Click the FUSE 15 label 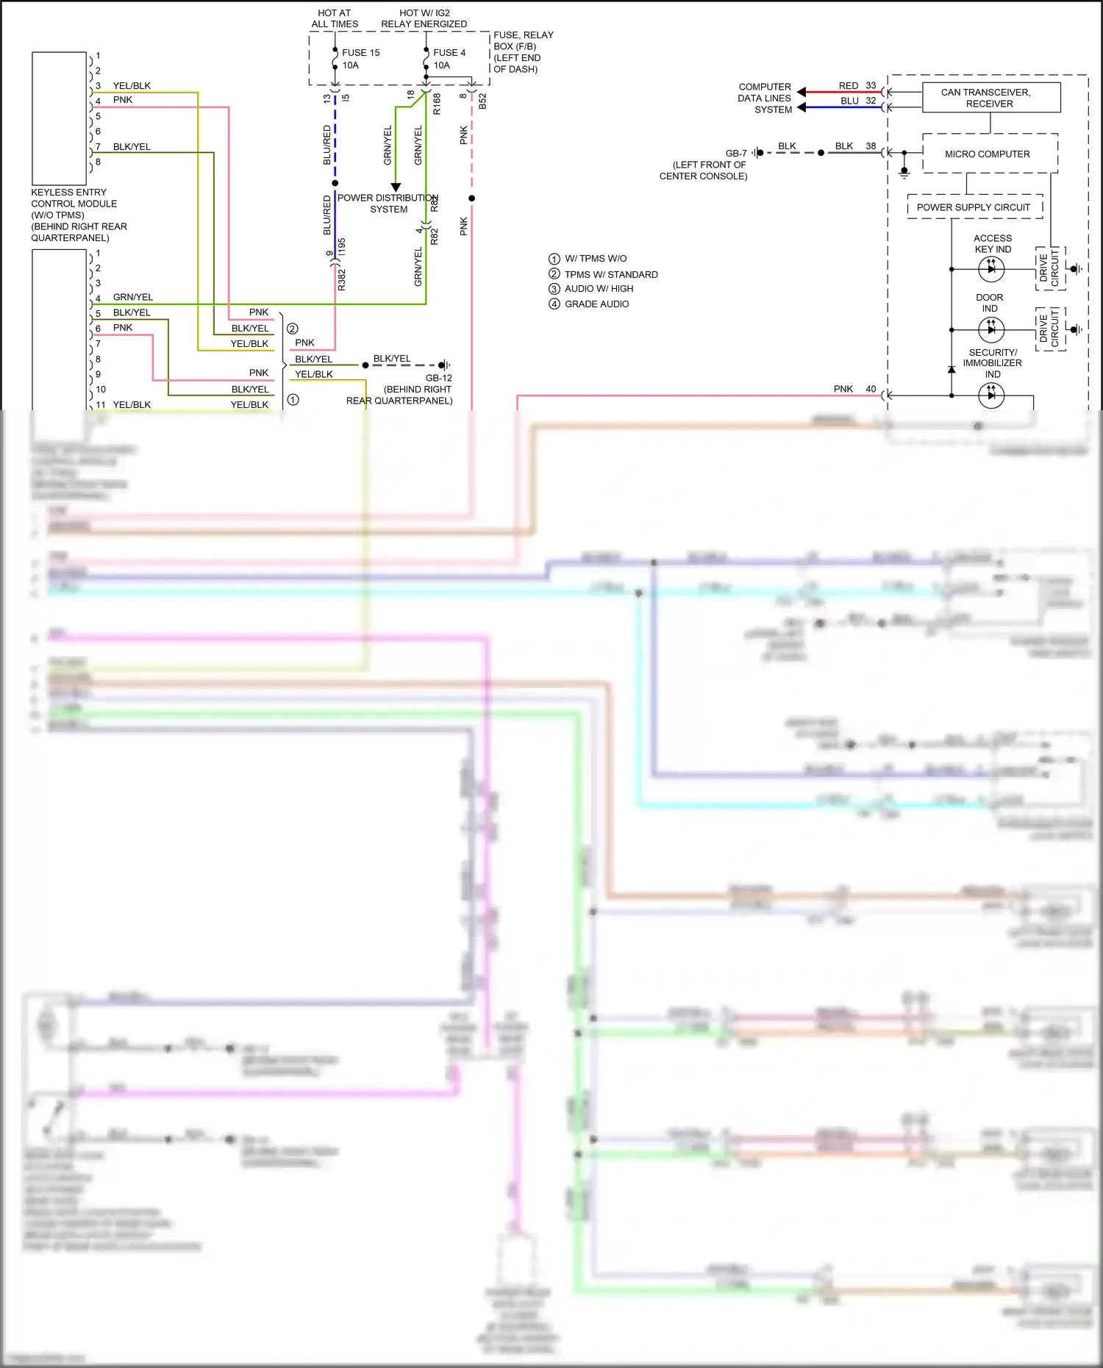point(360,53)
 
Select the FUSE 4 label point(449,53)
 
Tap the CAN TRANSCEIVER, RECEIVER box point(990,98)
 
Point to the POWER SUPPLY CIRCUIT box point(974,207)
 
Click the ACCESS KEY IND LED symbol point(991,269)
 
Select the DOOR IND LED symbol point(991,329)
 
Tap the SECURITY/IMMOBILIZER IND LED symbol point(991,395)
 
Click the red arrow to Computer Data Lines point(802,93)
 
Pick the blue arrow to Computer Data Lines point(802,107)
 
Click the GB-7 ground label point(736,154)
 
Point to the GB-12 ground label point(439,378)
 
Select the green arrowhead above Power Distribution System point(396,187)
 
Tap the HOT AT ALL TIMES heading point(335,18)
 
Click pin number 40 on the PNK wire point(871,389)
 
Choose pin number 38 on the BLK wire point(871,146)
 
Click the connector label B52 point(482,101)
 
